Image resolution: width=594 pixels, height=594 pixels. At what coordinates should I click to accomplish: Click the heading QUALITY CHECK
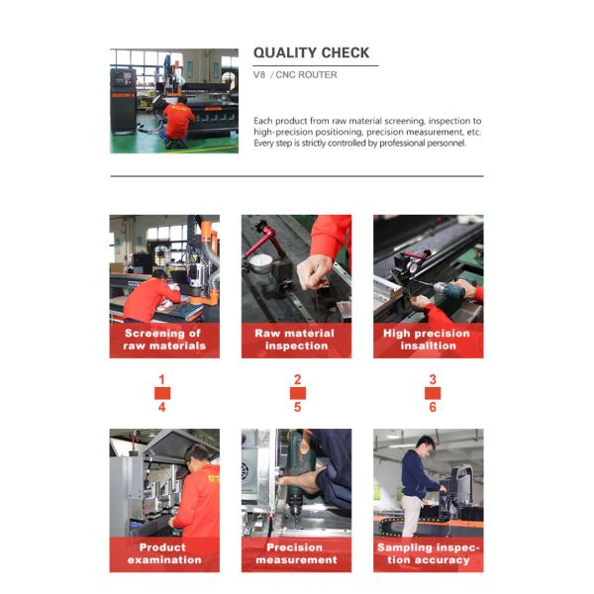click(x=311, y=52)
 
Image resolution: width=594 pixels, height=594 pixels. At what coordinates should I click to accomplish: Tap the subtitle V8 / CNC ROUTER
click(x=295, y=74)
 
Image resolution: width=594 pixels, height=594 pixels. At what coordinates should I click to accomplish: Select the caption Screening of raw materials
click(x=164, y=340)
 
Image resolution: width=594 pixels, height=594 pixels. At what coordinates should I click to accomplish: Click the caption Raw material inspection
click(x=296, y=340)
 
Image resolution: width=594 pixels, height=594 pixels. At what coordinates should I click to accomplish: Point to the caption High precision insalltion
click(x=427, y=340)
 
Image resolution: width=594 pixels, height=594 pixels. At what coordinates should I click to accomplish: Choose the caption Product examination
click(x=164, y=553)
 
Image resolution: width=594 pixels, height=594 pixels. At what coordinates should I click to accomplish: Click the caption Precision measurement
click(x=296, y=553)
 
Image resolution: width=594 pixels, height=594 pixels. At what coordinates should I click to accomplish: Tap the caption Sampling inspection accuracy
click(x=428, y=553)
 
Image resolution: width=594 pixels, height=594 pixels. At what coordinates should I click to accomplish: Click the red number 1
click(x=162, y=379)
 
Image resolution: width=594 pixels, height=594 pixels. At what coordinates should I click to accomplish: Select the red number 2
click(x=298, y=379)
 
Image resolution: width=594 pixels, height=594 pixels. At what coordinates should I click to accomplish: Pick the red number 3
click(x=433, y=379)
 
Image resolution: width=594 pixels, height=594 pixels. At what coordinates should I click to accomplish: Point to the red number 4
click(x=162, y=407)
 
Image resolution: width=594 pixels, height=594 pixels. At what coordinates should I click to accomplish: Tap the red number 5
click(x=298, y=407)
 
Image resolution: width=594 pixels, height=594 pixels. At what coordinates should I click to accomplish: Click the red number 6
click(x=433, y=407)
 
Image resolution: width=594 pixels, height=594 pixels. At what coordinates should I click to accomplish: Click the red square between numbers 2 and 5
click(x=298, y=393)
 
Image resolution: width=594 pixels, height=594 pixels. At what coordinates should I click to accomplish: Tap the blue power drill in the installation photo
click(x=450, y=291)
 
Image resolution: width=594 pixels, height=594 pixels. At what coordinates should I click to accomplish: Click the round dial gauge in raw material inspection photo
click(x=260, y=263)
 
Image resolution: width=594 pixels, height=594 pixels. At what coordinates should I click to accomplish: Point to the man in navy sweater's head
click(x=426, y=445)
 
